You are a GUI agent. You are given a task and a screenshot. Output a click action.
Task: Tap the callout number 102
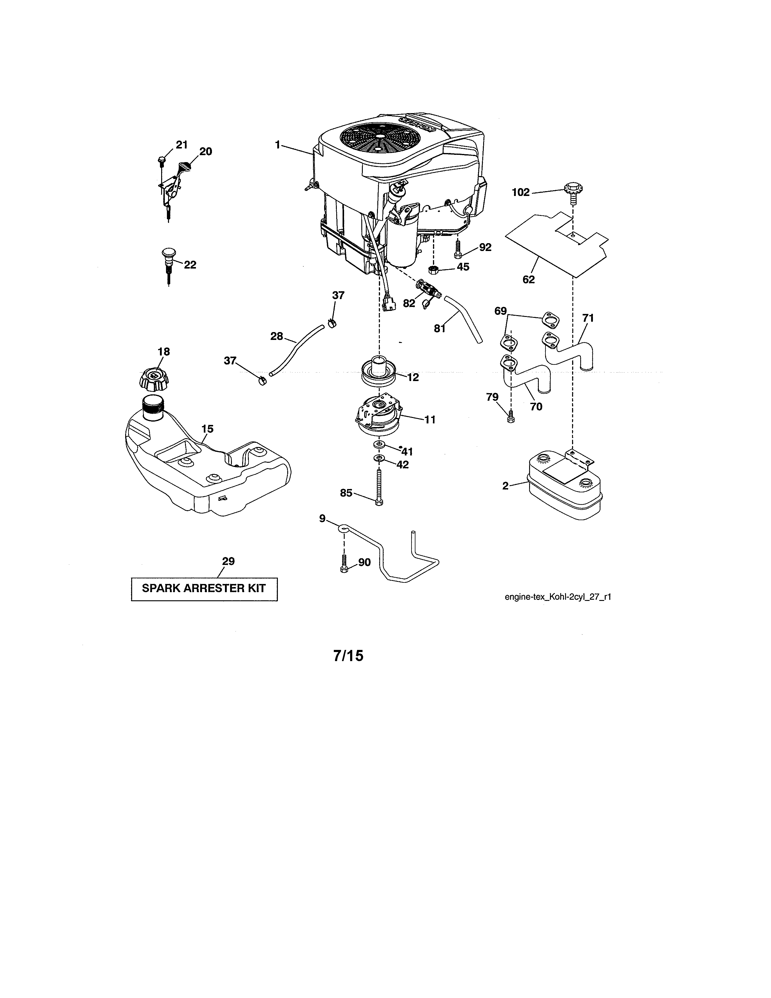520,192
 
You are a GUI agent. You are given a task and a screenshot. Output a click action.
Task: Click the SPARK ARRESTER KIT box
204,589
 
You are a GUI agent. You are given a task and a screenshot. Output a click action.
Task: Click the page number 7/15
348,656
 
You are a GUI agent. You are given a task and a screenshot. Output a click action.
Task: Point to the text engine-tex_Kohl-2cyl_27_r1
558,597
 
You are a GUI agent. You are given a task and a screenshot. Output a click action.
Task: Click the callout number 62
529,279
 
